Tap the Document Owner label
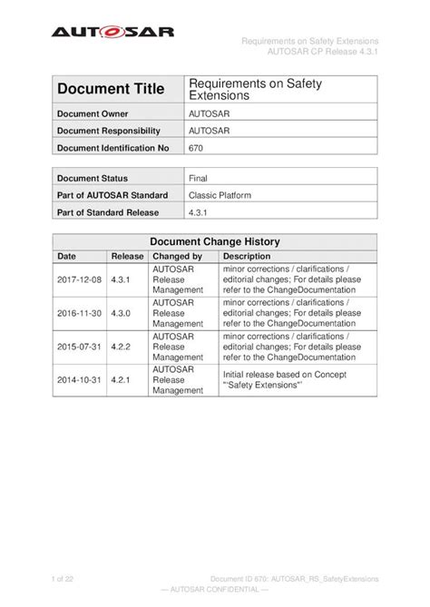click(x=95, y=113)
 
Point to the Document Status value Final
click(x=198, y=180)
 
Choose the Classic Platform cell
click(x=220, y=196)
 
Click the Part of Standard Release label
click(x=108, y=212)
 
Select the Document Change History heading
click(x=214, y=242)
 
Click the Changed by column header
click(x=177, y=257)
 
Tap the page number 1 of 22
click(x=66, y=578)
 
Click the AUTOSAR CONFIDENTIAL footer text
click(x=215, y=590)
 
